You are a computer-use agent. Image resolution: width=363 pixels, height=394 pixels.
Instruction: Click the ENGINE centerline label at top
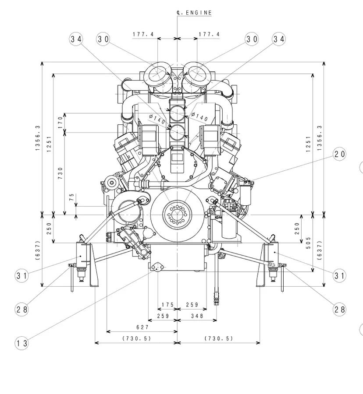pos(194,13)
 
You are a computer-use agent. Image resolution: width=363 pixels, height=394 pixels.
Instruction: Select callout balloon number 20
pos(339,154)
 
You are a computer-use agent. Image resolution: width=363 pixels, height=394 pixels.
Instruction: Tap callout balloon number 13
pos(21,343)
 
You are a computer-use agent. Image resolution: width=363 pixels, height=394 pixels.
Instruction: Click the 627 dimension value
pos(142,327)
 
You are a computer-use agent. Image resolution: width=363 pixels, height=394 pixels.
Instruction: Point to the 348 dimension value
pos(197,316)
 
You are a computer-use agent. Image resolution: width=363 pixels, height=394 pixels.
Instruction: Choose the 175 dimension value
pos(167,305)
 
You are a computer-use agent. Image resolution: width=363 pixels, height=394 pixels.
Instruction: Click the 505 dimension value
pos(308,243)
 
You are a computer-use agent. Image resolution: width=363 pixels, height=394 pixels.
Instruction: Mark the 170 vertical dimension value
pos(60,123)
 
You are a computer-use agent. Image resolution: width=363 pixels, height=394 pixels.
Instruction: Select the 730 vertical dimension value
pos(60,173)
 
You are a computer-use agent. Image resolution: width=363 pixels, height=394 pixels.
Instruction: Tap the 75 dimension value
pos(72,197)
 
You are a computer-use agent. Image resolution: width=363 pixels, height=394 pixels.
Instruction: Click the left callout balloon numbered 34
pos(76,39)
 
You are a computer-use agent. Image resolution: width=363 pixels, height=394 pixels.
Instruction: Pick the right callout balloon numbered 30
pos(252,39)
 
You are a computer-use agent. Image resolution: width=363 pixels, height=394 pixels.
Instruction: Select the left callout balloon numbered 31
pos(21,276)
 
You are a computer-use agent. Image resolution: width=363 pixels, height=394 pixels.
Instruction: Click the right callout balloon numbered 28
pos(339,310)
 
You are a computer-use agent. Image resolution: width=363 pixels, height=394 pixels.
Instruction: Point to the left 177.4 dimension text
pos(143,34)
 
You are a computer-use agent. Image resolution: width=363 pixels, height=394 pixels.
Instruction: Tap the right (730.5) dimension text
pos(219,338)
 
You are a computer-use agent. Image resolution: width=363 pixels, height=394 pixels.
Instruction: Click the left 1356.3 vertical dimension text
pos(37,138)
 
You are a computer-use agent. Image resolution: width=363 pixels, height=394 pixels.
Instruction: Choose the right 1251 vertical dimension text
pos(308,144)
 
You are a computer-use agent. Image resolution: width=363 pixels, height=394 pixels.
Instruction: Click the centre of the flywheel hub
pos(178,215)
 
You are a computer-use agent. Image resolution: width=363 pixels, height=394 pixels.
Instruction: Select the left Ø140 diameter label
pos(157,119)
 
